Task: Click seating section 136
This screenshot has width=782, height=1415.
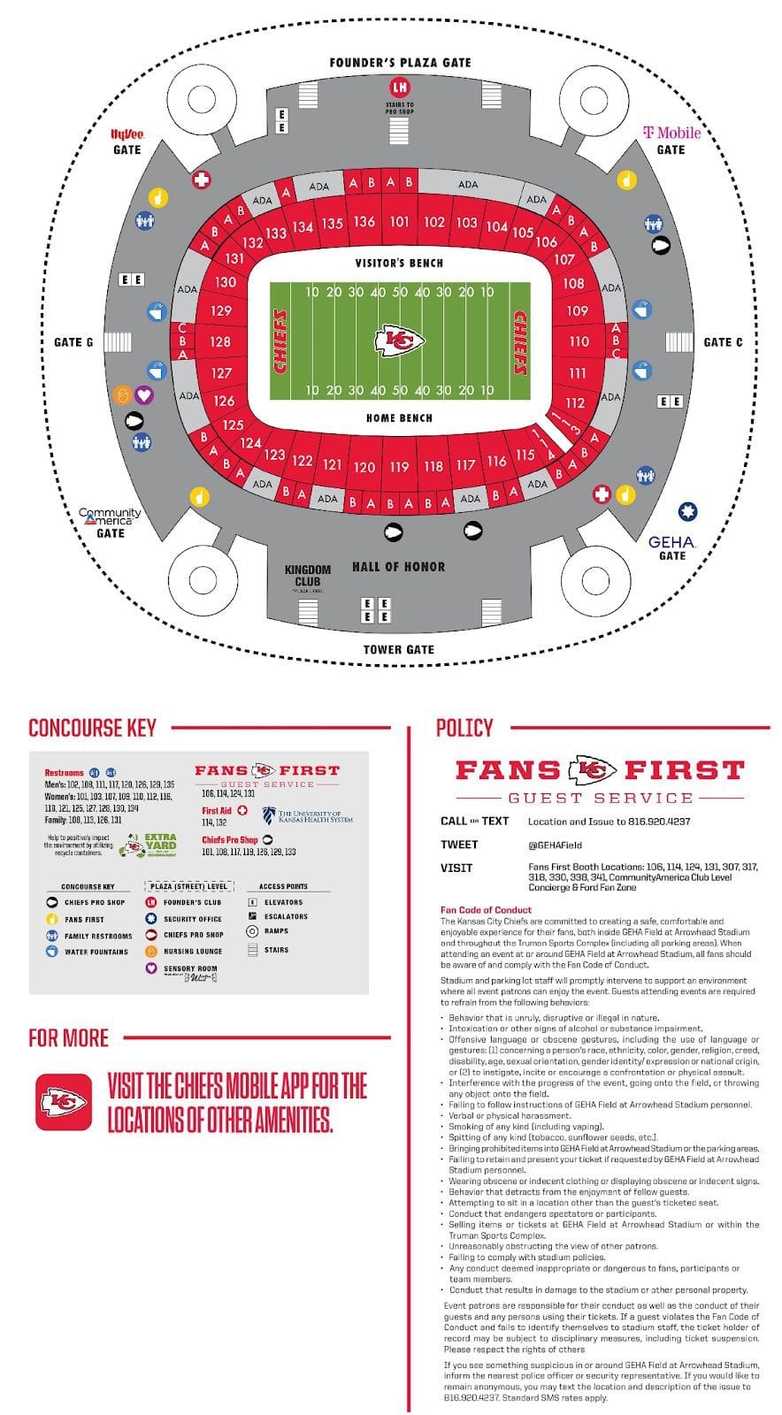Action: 364,222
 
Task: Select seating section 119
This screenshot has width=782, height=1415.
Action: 399,466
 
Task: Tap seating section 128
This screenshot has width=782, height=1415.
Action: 220,341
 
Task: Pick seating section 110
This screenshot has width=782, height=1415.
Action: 579,341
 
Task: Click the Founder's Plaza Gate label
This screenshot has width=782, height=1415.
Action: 400,63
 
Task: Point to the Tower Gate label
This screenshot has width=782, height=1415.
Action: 398,649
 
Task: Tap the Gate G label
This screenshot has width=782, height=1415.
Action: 73,342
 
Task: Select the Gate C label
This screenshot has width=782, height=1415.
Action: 723,342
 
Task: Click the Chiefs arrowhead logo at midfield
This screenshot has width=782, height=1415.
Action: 400,341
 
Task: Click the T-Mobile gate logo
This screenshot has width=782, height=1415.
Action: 671,133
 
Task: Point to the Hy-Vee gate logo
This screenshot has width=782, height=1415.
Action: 126,134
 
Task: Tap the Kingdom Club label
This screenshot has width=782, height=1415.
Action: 307,575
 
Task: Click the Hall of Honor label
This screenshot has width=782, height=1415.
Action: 398,567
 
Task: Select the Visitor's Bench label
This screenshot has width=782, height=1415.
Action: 399,263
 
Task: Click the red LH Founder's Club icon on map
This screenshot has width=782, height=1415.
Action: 400,87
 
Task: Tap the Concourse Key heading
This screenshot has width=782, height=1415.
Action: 92,728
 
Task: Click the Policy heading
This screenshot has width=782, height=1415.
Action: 464,728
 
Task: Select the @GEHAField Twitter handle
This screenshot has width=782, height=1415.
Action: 555,845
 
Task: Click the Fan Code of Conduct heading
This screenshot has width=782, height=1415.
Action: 486,909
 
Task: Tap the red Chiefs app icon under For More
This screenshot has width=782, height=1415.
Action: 64,1102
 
